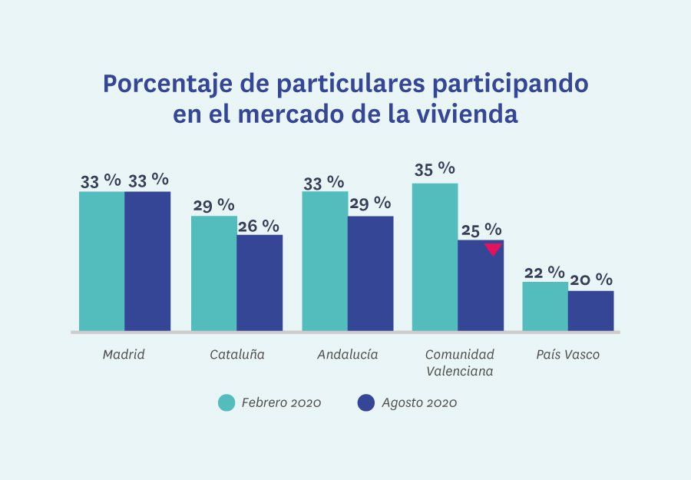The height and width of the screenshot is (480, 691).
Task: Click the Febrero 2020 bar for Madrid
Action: pos(101,261)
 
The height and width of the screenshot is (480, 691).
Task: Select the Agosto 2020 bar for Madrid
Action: pos(147,261)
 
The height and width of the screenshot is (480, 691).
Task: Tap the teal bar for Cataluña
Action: pos(213,273)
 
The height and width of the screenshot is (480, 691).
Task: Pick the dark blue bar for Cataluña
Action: pos(260,283)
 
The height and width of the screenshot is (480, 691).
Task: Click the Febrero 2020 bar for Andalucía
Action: pos(325,261)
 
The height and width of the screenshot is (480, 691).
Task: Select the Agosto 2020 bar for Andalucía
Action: pos(370,273)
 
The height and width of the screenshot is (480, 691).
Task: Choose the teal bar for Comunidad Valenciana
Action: pos(435,257)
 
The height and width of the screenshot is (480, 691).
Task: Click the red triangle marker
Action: pos(493,249)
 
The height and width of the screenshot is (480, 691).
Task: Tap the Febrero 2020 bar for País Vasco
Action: pos(545,306)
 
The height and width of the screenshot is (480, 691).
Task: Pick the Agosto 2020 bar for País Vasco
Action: pos(591,311)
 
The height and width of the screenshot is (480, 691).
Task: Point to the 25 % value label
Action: pos(481,230)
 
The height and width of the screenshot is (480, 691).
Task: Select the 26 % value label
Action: pos(260,225)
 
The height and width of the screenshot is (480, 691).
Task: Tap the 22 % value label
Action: pos(544,273)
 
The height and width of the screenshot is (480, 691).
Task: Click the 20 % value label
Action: pos(592,280)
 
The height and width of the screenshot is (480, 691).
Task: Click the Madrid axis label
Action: pos(124,355)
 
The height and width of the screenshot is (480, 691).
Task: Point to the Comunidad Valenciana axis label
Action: pos(459,362)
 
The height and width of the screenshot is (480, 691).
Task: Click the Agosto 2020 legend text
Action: pos(419,403)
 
